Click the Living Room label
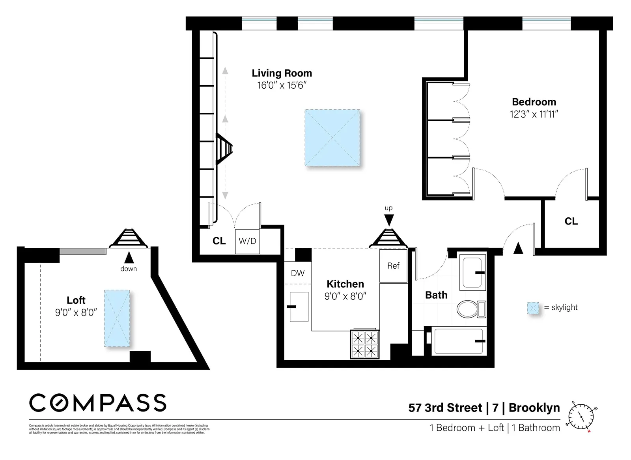[x=282, y=73]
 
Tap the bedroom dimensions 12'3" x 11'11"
[x=534, y=114]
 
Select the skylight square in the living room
[x=332, y=138]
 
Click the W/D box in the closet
[x=248, y=241]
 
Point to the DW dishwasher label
[x=298, y=273]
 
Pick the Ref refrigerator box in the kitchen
[x=393, y=266]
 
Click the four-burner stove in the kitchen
[x=365, y=344]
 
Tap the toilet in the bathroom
[x=471, y=309]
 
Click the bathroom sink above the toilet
[x=472, y=273]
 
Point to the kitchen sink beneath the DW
[x=299, y=307]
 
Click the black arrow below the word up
[x=389, y=220]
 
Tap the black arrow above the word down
[x=128, y=258]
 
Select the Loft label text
[x=76, y=300]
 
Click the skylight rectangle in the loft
[x=117, y=318]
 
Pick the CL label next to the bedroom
[x=571, y=222]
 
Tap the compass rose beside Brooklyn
[x=581, y=416]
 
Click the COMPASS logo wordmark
[x=98, y=403]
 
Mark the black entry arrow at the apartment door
[x=518, y=248]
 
